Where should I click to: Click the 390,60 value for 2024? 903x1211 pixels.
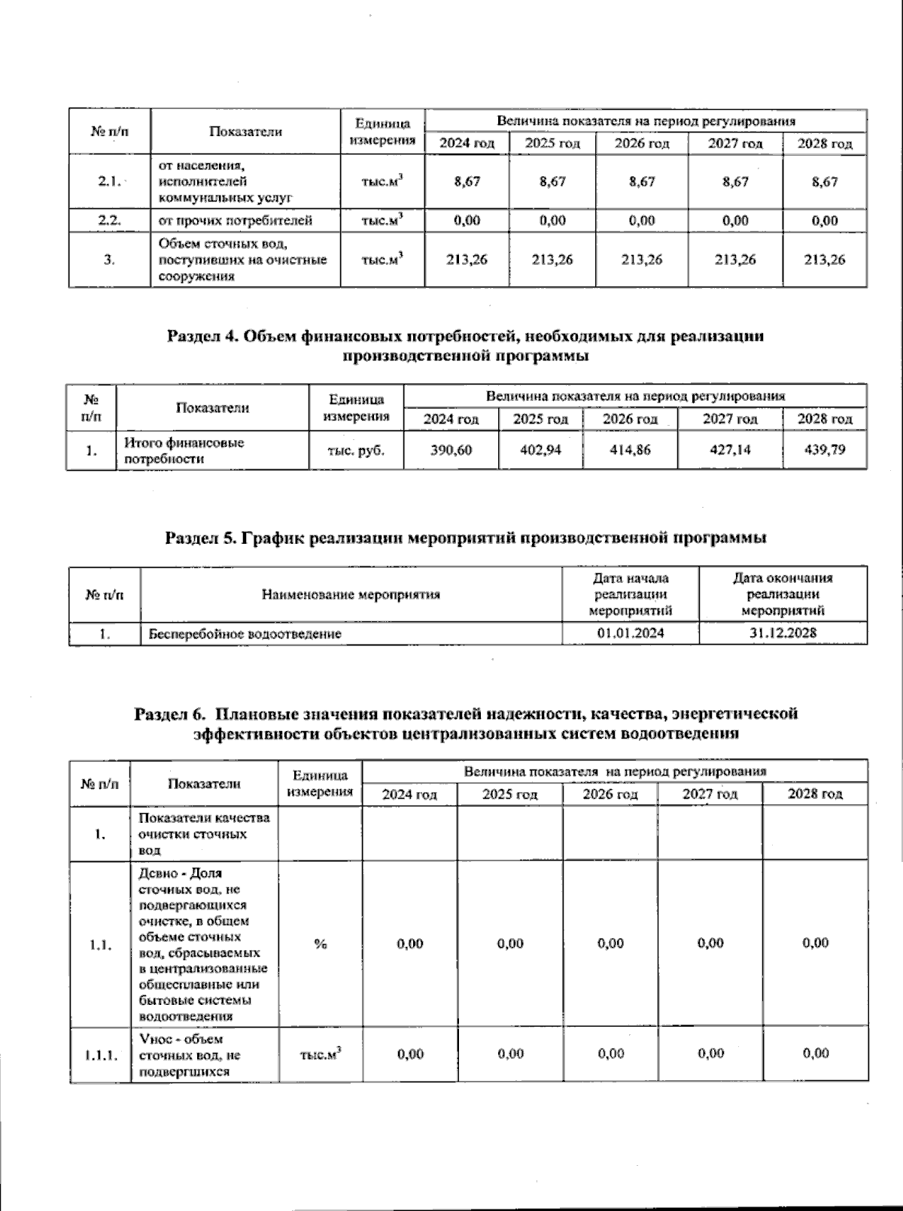pos(451,450)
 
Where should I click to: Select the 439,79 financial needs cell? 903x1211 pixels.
pos(825,450)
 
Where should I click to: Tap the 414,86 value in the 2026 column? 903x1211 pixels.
pos(630,450)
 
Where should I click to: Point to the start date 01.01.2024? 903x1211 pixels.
pos(631,633)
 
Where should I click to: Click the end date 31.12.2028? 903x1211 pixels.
pos(783,633)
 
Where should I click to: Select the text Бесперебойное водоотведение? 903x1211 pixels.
pos(245,634)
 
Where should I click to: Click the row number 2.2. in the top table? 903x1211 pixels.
pos(110,220)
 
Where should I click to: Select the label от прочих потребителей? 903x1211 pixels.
pos(235,220)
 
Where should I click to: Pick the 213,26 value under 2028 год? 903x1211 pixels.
pos(825,259)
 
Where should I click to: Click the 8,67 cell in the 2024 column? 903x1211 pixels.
pos(467,182)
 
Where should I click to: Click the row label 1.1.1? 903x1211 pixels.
pos(100,1055)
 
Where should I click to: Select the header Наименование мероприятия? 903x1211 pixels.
pos(351,595)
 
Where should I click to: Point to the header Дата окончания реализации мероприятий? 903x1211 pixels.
pos(783,594)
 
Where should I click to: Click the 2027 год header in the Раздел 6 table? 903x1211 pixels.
pos(710,794)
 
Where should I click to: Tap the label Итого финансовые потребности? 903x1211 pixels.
pos(184,451)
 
